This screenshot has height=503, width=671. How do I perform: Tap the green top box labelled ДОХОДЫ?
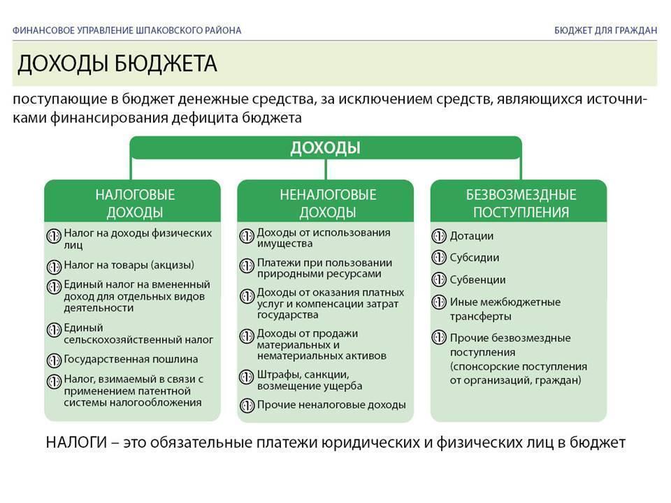(x=325, y=148)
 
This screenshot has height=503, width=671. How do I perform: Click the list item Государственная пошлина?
(x=131, y=360)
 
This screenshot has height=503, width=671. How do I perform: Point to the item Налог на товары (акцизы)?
(x=129, y=265)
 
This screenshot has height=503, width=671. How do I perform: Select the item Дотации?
(x=471, y=236)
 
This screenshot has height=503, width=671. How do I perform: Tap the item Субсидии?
(x=474, y=257)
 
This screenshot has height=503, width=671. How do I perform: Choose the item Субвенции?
(x=477, y=279)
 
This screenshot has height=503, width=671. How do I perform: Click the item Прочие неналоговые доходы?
(x=331, y=404)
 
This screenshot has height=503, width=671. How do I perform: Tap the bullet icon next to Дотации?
(x=439, y=236)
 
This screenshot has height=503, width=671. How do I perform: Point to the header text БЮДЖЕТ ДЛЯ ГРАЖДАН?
(x=605, y=30)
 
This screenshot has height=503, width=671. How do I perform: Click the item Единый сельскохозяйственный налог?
(x=138, y=333)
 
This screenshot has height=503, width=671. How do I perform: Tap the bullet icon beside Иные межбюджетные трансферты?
(x=439, y=302)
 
